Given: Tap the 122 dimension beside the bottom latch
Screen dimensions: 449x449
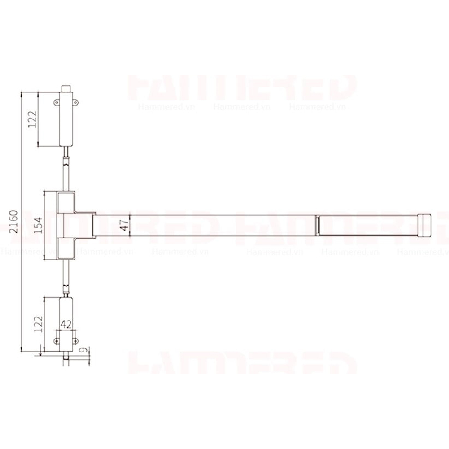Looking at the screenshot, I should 38,324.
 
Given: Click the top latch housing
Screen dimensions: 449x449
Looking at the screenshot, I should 66,119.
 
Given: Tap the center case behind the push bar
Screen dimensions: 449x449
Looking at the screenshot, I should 66,224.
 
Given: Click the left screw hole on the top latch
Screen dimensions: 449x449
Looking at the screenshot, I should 57,102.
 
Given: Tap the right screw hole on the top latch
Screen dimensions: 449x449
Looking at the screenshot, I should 76,102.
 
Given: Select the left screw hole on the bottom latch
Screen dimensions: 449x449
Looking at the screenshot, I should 57,341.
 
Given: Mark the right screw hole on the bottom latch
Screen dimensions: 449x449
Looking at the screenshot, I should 76,341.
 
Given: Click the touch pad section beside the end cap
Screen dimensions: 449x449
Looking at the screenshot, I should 366,224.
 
